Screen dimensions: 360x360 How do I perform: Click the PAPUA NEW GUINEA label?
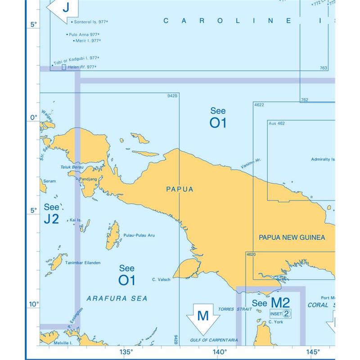(x=292, y=237)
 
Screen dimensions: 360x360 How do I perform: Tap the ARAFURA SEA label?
(x=117, y=298)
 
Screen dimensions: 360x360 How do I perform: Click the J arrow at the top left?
(x=65, y=8)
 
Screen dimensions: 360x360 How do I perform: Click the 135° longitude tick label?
(x=126, y=352)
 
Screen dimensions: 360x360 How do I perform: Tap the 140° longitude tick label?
(x=219, y=352)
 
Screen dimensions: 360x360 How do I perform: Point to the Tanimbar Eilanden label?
(x=83, y=263)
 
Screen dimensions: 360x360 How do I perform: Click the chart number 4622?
(x=259, y=105)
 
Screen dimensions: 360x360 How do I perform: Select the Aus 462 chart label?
(x=276, y=123)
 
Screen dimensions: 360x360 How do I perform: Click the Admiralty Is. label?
(x=323, y=159)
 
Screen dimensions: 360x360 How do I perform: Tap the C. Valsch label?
(x=161, y=280)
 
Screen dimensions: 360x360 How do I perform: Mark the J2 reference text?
(x=51, y=219)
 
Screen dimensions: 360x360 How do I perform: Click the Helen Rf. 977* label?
(x=82, y=67)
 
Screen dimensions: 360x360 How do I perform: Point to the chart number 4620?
(x=251, y=255)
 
